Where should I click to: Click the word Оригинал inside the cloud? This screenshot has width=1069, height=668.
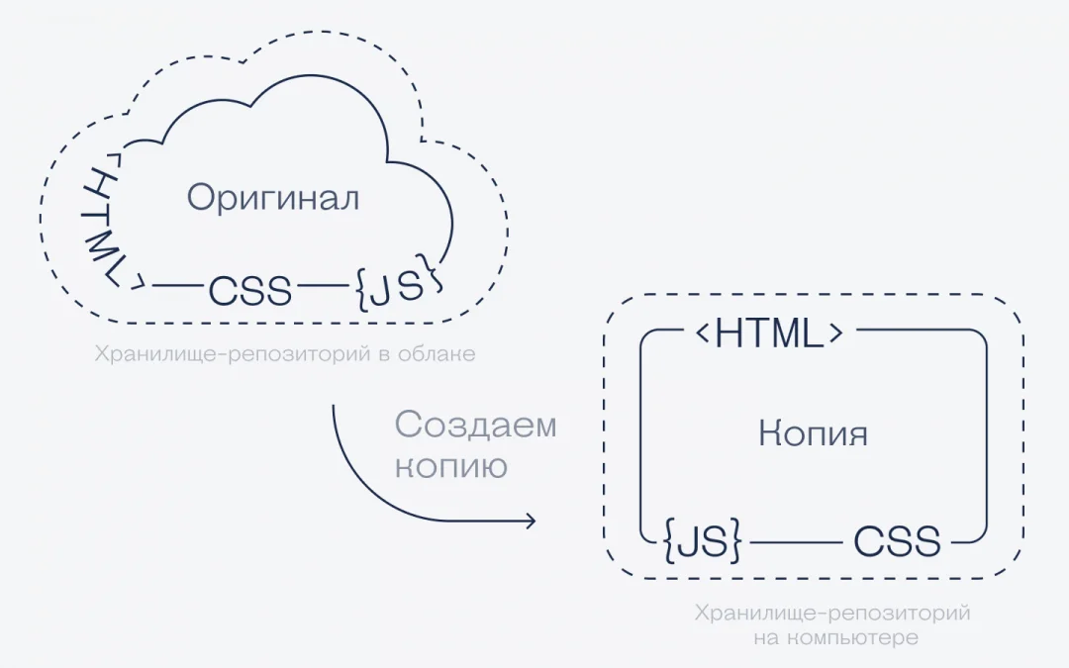(x=273, y=198)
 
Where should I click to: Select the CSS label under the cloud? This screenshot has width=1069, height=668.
(x=250, y=290)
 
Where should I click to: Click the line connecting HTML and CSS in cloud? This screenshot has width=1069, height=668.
(x=178, y=285)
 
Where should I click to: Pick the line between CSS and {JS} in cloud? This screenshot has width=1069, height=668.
(x=323, y=285)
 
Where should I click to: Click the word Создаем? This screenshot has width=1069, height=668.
(x=475, y=424)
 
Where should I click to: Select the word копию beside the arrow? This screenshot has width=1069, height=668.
(x=451, y=466)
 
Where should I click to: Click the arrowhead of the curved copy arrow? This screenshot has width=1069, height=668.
(x=531, y=522)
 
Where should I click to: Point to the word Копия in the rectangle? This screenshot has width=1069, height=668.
(x=813, y=434)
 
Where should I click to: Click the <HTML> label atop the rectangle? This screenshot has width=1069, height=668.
(x=770, y=333)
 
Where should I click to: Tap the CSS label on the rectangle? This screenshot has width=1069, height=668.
(x=897, y=541)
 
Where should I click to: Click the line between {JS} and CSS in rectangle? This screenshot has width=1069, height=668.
(x=796, y=542)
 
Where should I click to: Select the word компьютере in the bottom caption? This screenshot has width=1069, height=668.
(x=854, y=638)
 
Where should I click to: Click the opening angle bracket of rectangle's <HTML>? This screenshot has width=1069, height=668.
(x=703, y=333)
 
